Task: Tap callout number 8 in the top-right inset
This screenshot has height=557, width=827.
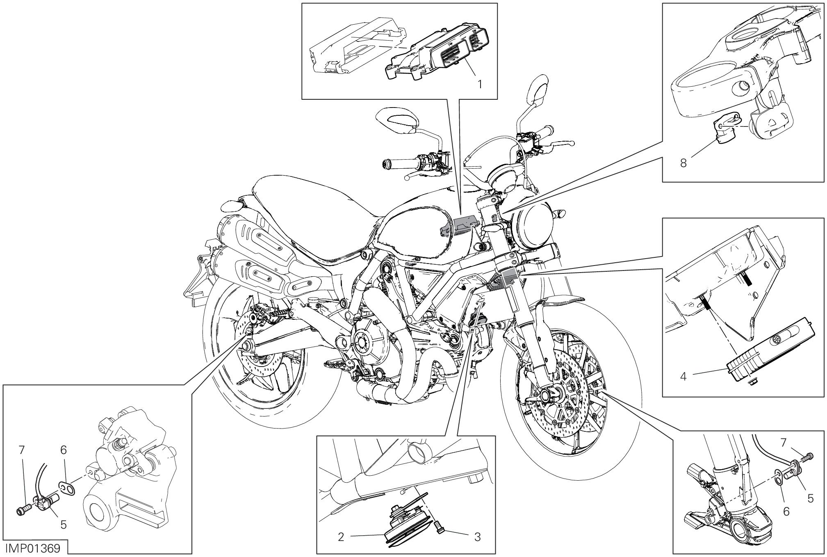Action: pyautogui.click(x=683, y=163)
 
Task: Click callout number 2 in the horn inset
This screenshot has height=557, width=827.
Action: pyautogui.click(x=341, y=537)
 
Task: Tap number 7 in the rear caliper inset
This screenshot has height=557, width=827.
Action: pyautogui.click(x=22, y=450)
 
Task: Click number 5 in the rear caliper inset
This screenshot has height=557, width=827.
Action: pyautogui.click(x=63, y=525)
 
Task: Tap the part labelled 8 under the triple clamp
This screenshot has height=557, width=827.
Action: pyautogui.click(x=724, y=133)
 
